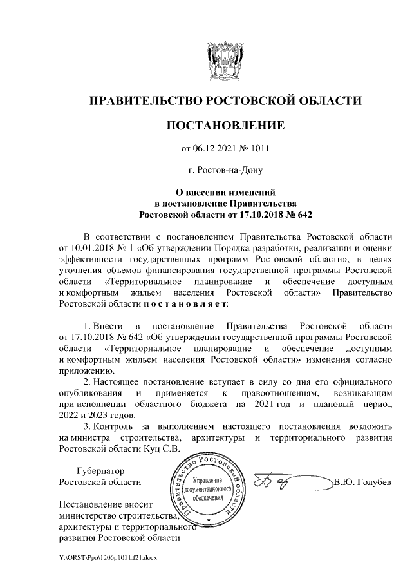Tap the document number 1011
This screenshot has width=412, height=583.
coord(258,149)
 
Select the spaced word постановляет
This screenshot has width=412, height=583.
coord(184,303)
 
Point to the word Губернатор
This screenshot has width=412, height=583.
coord(100,471)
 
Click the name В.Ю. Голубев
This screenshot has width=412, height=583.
coord(362,483)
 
